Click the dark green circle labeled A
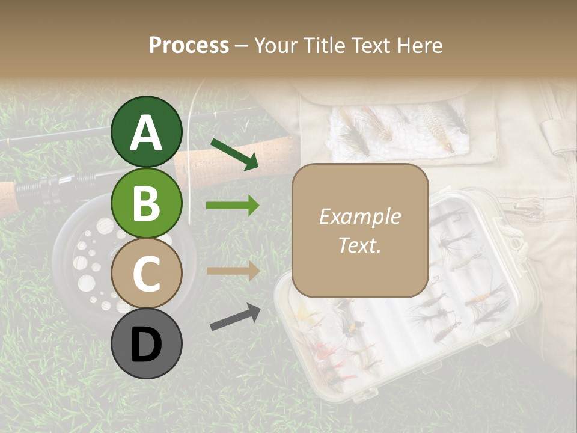click(147, 132)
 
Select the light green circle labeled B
click(147, 203)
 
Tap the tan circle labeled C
click(147, 273)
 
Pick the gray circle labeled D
click(147, 343)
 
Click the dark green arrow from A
click(234, 153)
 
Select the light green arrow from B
click(233, 206)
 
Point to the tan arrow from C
click(233, 271)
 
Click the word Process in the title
click(189, 46)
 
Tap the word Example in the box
click(359, 216)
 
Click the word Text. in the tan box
click(359, 245)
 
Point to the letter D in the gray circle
click(147, 345)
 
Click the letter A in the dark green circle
click(147, 133)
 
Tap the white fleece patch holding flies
click(397, 129)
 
